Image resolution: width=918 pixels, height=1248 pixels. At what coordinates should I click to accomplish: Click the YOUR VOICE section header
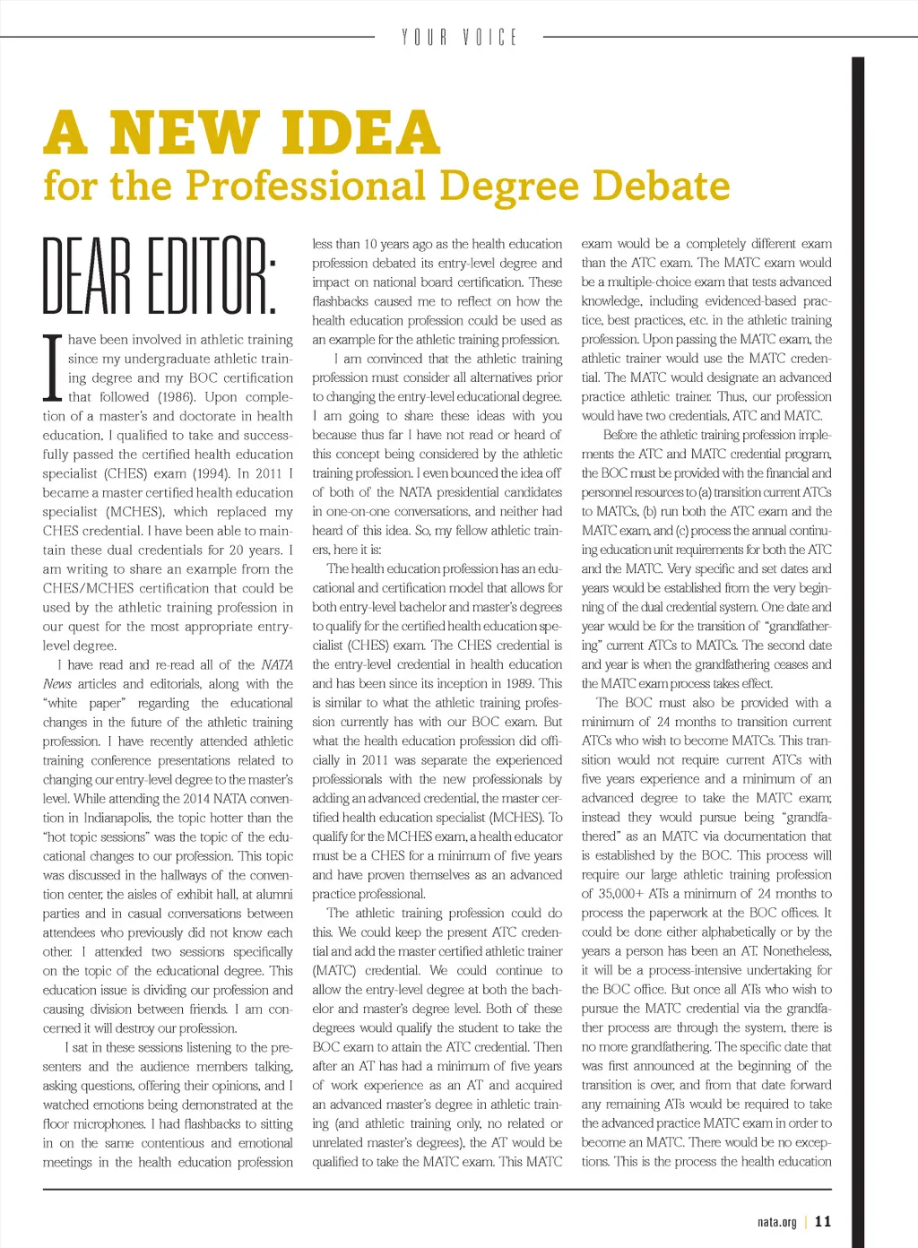coord(459,38)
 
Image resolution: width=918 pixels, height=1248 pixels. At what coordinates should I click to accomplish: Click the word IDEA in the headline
coord(360,133)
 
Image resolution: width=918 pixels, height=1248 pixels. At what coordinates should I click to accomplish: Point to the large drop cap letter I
coord(53,368)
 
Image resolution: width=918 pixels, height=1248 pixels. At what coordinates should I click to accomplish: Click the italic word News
coord(56,684)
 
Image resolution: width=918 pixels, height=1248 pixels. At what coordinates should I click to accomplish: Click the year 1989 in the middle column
coord(522,684)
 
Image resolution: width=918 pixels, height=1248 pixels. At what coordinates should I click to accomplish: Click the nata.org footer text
coord(776,1221)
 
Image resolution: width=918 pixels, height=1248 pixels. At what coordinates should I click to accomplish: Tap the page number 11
coord(823,1221)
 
